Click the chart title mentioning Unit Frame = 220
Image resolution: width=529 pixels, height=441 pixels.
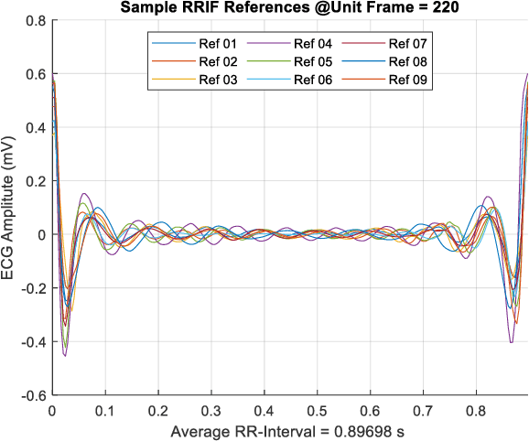tap(289, 9)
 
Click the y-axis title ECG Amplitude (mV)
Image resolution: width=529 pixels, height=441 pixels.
tap(9, 208)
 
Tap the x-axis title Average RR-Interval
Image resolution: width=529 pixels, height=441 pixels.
tap(289, 431)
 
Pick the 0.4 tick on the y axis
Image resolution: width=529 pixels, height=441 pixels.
tap(36, 127)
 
